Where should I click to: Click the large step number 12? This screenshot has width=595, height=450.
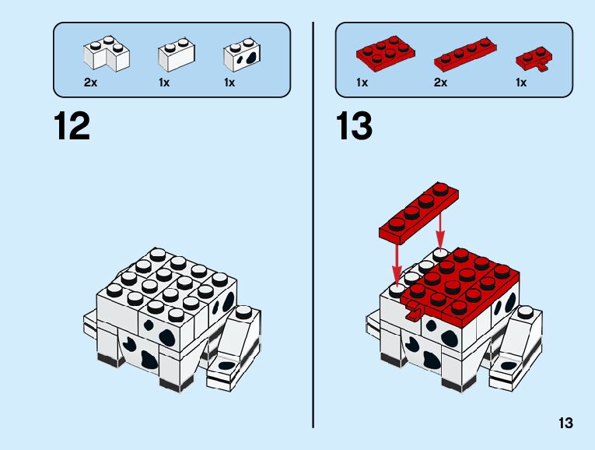pos(72,126)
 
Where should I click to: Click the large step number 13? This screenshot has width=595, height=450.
pos(355,126)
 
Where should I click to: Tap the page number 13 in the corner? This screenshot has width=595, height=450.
pos(565,424)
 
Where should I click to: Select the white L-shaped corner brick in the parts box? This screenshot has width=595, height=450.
pos(106,54)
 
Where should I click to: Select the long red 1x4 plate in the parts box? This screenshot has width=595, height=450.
pos(464,54)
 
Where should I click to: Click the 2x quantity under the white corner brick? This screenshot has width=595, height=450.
pos(91,83)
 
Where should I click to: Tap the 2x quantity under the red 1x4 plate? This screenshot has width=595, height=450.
pos(441,83)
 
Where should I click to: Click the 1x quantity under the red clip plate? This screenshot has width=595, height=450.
pos(521,83)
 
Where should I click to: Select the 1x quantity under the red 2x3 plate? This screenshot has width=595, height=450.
pos(362,83)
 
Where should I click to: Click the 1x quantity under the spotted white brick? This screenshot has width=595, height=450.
pos(229,83)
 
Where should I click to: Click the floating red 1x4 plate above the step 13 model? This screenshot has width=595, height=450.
pos(418,211)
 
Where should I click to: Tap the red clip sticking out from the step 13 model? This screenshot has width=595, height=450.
pos(413,313)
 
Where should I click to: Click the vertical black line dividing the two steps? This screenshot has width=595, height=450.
pos(313,226)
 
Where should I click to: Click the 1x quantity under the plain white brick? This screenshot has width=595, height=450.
pos(163,83)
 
